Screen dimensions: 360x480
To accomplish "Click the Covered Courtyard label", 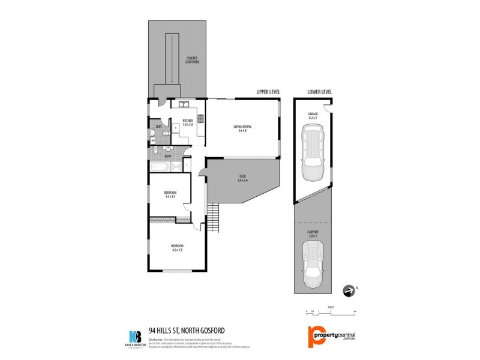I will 192,60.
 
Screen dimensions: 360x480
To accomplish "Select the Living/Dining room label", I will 242,128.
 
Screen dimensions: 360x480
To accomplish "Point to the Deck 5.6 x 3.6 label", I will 242,179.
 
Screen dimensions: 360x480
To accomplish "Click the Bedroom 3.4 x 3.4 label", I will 170,194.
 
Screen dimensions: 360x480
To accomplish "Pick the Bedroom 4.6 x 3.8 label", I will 177,248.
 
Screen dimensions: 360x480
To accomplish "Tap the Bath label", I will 160,156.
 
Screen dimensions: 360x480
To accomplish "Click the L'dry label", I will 159,127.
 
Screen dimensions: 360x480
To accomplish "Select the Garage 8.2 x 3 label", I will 313,116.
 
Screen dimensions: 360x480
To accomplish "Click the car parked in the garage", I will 313,155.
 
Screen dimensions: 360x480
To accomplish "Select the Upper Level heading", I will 268,92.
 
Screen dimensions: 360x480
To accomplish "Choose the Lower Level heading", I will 319,92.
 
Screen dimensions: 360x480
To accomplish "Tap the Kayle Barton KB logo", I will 136,337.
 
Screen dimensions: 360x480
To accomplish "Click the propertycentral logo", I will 334,336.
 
